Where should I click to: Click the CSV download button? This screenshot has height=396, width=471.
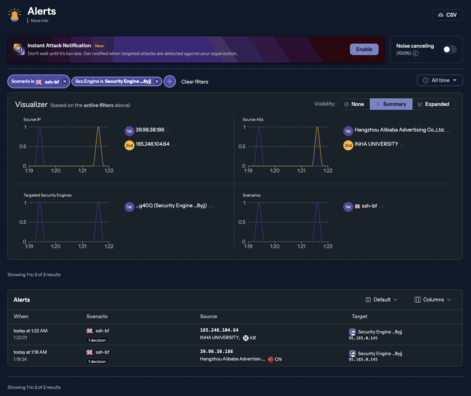tap(447, 15)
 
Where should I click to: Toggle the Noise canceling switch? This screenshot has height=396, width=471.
tap(449, 49)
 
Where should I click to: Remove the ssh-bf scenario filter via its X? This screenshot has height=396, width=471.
tap(64, 81)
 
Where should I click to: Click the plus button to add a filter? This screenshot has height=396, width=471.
tap(170, 81)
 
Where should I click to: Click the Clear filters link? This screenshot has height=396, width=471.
tap(195, 82)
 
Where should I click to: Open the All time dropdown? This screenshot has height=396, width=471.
tap(440, 80)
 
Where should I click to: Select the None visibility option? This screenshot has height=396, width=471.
tap(354, 104)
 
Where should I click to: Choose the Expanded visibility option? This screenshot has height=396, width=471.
tap(433, 104)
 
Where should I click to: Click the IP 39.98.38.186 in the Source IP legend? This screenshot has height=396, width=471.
tap(150, 130)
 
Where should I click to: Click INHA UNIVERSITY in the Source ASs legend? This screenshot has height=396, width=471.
tap(376, 144)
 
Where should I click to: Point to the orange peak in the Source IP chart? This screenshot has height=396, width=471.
tap(99, 128)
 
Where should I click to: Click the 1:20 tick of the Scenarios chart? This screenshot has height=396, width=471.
tap(275, 246)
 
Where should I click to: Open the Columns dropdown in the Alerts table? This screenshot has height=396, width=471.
tap(433, 300)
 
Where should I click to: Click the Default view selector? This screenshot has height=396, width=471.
tap(382, 300)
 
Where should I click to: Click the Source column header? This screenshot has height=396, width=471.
tap(208, 316)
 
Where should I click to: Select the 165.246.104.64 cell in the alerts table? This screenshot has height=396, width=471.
tap(219, 330)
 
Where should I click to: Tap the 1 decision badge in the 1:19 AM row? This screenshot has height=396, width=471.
tap(97, 362)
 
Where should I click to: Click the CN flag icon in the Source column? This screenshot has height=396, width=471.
tap(271, 359)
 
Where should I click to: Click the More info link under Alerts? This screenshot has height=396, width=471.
tap(39, 21)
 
